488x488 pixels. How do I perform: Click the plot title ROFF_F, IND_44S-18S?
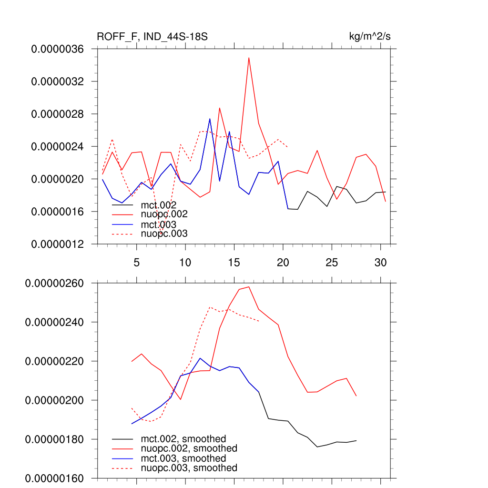pos(152,37)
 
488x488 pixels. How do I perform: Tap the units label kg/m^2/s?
pos(370,37)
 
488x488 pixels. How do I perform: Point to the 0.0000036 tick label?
pos(57,49)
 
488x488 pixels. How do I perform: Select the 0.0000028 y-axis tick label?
pos(57,114)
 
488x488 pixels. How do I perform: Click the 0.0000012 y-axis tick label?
pos(57,244)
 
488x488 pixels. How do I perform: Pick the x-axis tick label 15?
pos(234,263)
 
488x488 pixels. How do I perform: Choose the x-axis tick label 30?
pos(380,263)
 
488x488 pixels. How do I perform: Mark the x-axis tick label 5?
pos(136,263)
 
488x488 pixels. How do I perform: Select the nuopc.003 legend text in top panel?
pos(164,234)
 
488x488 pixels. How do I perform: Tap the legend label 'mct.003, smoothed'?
pos(183,458)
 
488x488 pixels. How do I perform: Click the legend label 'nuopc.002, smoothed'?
pos(189,448)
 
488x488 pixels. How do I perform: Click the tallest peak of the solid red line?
pos(249,58)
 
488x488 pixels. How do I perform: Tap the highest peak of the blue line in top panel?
pos(210,119)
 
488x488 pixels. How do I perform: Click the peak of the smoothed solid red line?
pos(249,287)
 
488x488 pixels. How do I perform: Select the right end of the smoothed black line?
pos(356,441)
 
